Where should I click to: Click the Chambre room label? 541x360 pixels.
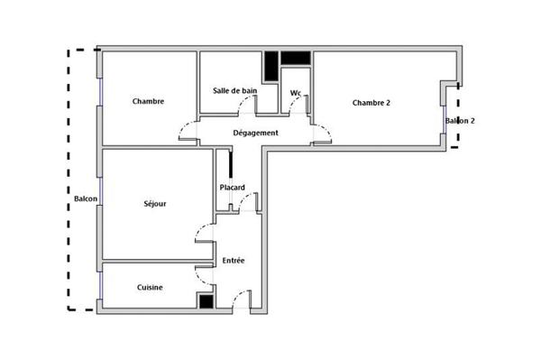[148, 101]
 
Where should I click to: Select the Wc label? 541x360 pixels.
[295, 93]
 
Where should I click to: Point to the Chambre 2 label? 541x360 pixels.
[371, 102]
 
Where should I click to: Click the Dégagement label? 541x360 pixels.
[255, 134]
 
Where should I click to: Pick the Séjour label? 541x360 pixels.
[154, 204]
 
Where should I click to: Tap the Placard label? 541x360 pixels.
[233, 188]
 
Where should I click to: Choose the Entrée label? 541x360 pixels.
[234, 261]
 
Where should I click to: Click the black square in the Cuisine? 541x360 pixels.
[207, 302]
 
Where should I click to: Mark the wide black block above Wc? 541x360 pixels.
[295, 59]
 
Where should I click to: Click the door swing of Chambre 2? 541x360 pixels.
[322, 135]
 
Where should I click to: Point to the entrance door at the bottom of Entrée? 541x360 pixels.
[239, 300]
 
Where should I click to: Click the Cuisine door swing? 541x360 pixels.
[205, 276]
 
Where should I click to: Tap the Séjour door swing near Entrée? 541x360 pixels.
[204, 233]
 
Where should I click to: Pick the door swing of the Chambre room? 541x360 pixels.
[188, 134]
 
